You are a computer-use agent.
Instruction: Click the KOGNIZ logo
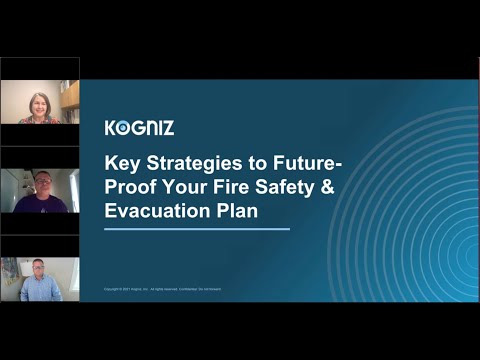139,127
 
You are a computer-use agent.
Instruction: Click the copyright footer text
165,289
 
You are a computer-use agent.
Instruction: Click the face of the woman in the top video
40,99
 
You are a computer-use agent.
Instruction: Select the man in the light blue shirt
39,285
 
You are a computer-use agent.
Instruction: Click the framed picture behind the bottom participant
10,270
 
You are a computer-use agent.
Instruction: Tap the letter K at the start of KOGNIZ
111,127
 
